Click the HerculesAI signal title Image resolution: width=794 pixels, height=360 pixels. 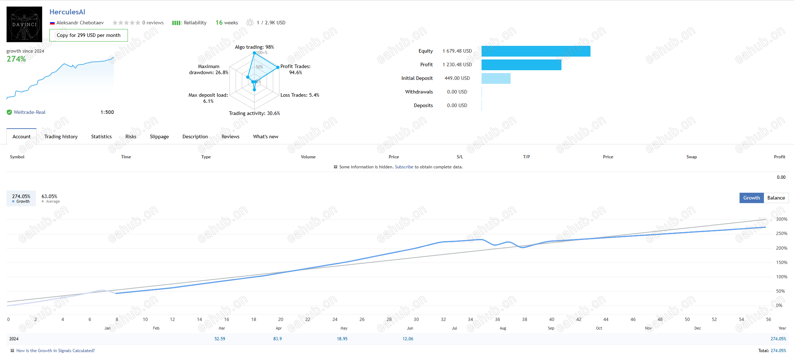(x=67, y=12)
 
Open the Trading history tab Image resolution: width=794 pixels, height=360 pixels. (x=61, y=136)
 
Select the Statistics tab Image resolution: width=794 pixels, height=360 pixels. (x=101, y=136)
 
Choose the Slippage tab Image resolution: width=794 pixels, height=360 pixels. (x=159, y=136)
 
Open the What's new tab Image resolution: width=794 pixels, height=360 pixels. (x=266, y=136)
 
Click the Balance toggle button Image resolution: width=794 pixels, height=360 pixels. (x=776, y=198)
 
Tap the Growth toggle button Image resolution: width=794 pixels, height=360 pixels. (x=752, y=198)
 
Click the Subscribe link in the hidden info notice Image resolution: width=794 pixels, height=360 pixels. (x=404, y=167)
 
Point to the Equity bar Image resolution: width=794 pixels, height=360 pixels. (x=536, y=51)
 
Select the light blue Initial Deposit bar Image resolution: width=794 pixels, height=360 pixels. (x=496, y=78)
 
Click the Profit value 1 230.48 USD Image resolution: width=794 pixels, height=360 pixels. (x=457, y=64)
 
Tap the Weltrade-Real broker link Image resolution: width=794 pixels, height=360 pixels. (x=29, y=112)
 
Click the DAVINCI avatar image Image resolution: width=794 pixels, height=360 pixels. (x=24, y=24)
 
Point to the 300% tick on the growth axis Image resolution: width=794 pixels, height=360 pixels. (x=781, y=219)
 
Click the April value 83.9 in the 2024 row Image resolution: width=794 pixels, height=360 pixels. (x=277, y=339)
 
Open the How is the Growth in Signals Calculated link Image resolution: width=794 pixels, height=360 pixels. (x=56, y=351)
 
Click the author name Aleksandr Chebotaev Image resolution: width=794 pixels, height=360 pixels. (x=80, y=23)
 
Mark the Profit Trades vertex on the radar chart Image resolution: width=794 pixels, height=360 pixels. (x=278, y=67)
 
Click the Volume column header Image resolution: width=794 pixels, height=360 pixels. (x=308, y=157)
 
